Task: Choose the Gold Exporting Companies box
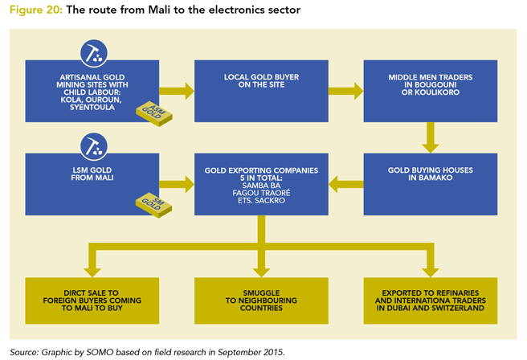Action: pos(262,186)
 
